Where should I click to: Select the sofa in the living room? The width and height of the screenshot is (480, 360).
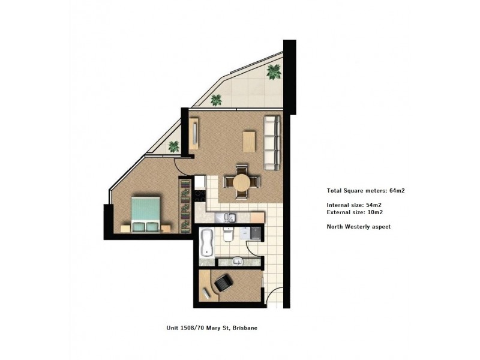point(272,142)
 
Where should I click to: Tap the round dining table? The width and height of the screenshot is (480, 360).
point(241,182)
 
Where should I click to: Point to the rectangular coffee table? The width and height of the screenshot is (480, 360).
point(248,142)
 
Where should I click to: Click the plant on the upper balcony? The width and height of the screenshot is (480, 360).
point(274,72)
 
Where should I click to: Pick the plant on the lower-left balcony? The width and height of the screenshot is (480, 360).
point(174,146)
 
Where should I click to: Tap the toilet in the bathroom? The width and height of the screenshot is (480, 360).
point(229,235)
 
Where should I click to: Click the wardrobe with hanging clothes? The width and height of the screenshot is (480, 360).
point(185,202)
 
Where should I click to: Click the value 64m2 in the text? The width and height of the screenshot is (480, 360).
point(400,191)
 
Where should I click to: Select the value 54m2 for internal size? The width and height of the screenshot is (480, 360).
point(374,205)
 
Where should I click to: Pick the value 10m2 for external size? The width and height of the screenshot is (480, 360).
point(375,212)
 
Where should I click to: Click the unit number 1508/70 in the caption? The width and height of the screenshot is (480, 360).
point(192,328)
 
